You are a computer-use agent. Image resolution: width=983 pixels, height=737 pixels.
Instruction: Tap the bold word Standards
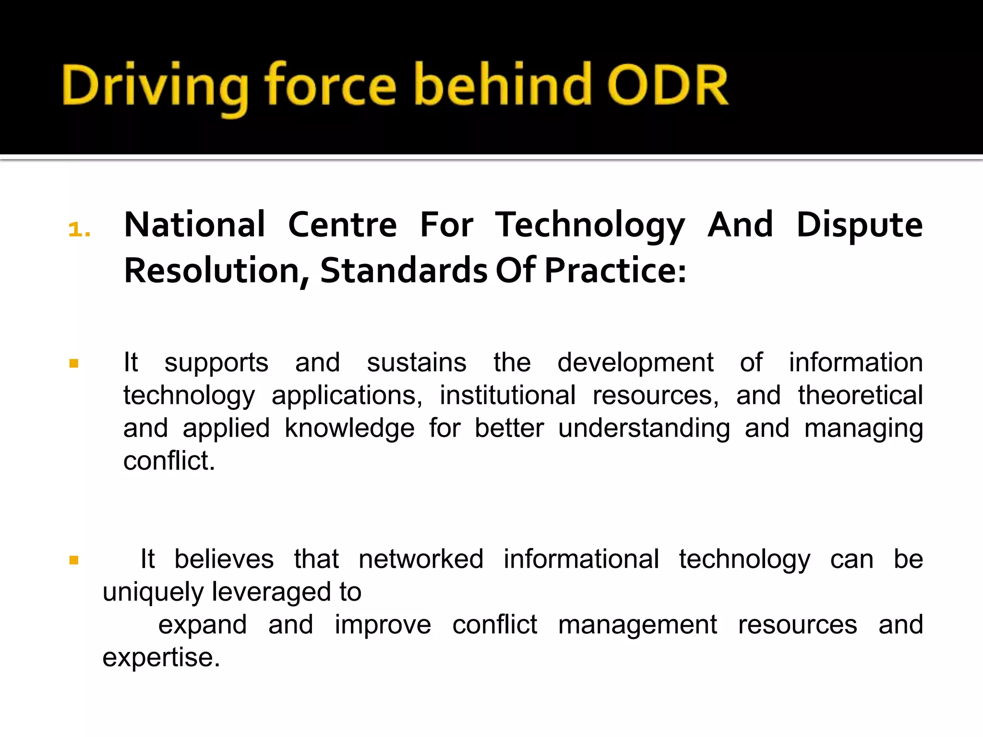pyautogui.click(x=404, y=270)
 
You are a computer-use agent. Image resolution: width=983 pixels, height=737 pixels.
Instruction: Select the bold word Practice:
pyautogui.click(x=615, y=270)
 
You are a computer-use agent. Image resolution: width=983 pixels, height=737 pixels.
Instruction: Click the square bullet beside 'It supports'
pyautogui.click(x=74, y=363)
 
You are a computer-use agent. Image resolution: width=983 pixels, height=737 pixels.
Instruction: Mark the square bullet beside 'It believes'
pyautogui.click(x=74, y=560)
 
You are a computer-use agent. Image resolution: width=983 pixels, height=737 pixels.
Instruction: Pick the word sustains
pyautogui.click(x=417, y=362)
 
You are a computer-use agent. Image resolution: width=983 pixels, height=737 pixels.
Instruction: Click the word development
pyautogui.click(x=635, y=362)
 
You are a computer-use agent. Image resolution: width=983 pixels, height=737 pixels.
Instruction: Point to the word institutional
pyautogui.click(x=507, y=395)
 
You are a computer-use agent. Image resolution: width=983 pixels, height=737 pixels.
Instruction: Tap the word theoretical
pyautogui.click(x=860, y=395)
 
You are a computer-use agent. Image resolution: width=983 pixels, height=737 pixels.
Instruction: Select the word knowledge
pyautogui.click(x=349, y=428)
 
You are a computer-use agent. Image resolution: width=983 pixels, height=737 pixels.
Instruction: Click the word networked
pyautogui.click(x=421, y=559)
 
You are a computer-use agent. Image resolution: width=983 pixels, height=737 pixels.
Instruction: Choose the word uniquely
pyautogui.click(x=153, y=592)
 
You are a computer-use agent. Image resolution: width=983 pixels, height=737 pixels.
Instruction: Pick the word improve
pyautogui.click(x=383, y=625)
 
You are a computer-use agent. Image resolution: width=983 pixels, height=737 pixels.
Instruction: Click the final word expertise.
pyautogui.click(x=161, y=657)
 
